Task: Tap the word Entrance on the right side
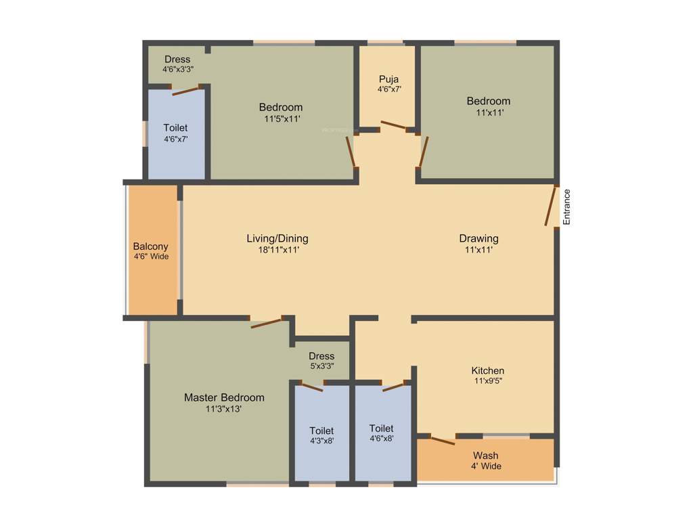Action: point(567,207)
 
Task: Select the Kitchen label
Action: point(488,370)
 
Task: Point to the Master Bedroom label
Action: point(224,397)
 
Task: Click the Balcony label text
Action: point(150,246)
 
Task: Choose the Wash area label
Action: point(486,455)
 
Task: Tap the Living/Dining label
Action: point(277,238)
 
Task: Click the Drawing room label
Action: point(478,238)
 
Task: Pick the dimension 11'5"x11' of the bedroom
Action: point(282,118)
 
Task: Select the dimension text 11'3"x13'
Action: point(224,409)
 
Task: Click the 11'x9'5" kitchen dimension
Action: point(488,381)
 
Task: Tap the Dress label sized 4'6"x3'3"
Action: point(177,60)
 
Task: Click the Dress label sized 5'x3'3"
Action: point(321,356)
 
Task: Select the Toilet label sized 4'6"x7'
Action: point(175,127)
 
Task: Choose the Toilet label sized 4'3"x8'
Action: point(321,431)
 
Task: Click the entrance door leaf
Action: point(552,206)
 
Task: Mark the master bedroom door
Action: point(266,322)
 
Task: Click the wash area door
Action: point(443,441)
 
